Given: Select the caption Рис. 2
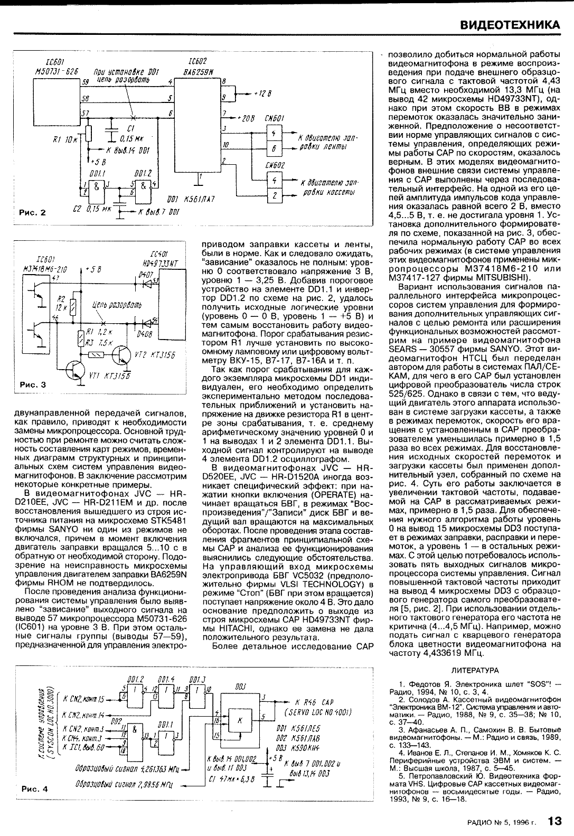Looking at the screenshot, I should [x=32, y=213].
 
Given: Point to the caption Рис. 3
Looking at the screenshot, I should [x=32, y=385].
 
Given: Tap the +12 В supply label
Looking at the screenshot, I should [x=261, y=93].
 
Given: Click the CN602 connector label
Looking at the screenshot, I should [x=275, y=165].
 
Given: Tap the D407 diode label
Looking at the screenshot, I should [x=144, y=275].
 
